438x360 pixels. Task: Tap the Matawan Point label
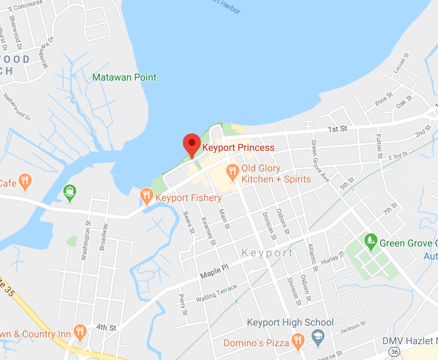click(x=124, y=77)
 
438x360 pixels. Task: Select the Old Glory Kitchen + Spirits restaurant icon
click(x=232, y=169)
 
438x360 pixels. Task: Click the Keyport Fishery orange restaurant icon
click(x=146, y=197)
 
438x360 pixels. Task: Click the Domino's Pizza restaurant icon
click(x=298, y=341)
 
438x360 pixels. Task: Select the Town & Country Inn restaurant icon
click(x=80, y=333)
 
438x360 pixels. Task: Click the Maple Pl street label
click(x=212, y=273)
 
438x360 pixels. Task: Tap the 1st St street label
click(x=336, y=129)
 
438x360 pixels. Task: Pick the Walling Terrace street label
click(x=216, y=293)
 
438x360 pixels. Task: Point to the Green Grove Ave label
click(x=319, y=161)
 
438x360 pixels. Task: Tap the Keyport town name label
click(x=267, y=253)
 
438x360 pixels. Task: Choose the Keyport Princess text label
click(x=238, y=147)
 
